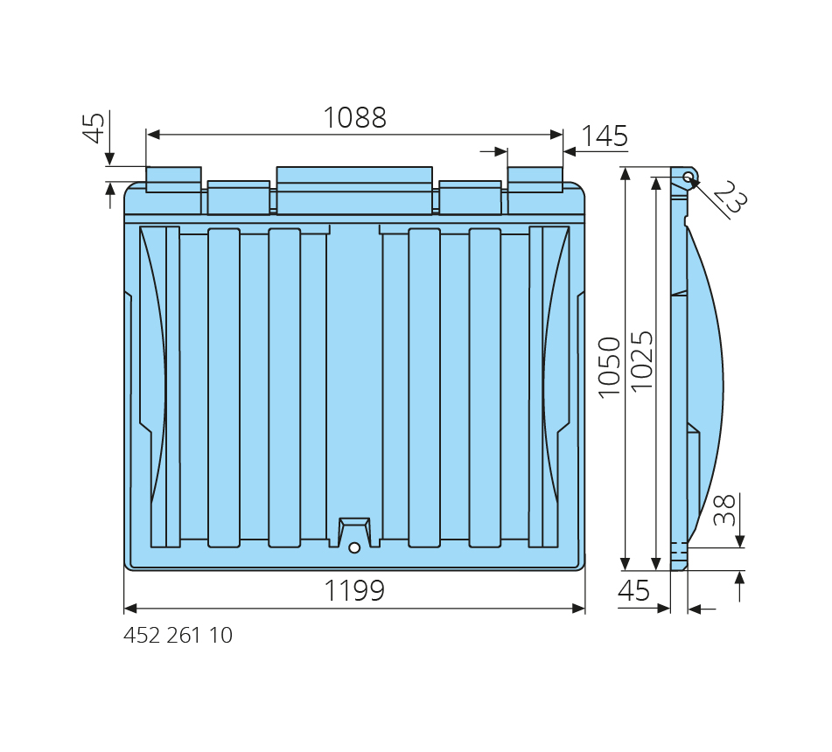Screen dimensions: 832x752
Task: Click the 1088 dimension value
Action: [x=354, y=117]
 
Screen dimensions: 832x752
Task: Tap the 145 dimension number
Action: [x=605, y=136]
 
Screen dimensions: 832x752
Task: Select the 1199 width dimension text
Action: [x=354, y=590]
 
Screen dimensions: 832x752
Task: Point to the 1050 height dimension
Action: [x=609, y=367]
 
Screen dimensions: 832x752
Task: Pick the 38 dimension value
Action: [x=724, y=510]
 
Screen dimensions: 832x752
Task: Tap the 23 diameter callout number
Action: [x=731, y=196]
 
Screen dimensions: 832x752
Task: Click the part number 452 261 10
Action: [x=178, y=636]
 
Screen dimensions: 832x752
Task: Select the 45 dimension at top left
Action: [x=94, y=128]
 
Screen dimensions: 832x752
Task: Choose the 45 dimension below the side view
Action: [x=633, y=590]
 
